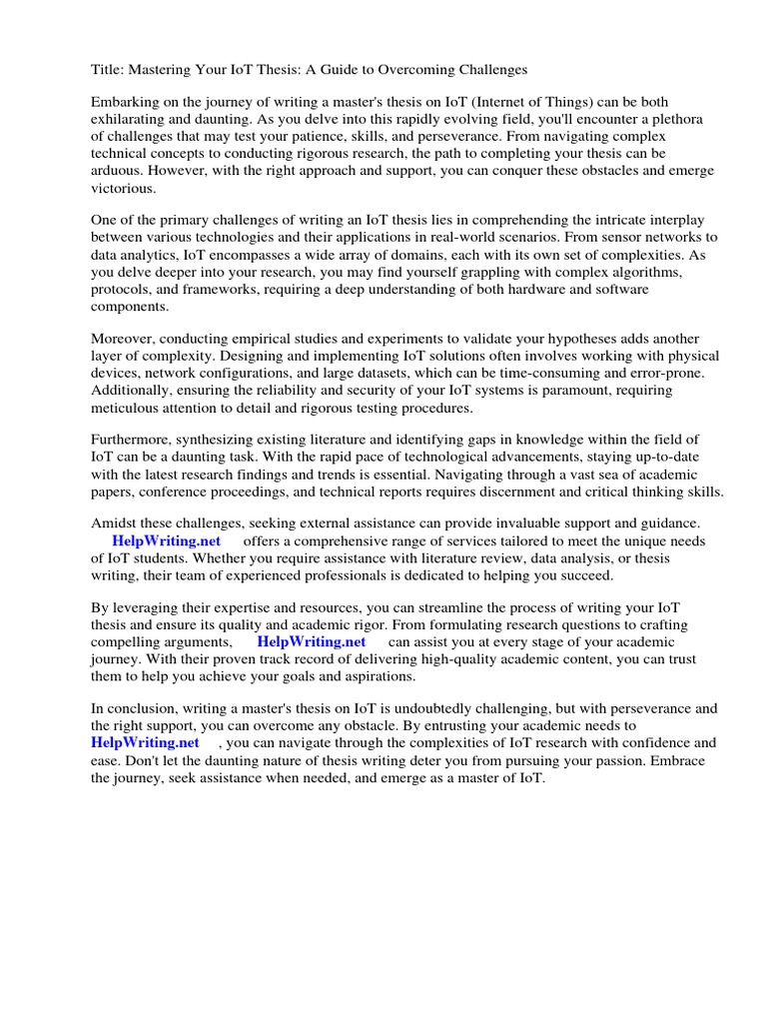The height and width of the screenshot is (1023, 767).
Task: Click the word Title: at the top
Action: [108, 70]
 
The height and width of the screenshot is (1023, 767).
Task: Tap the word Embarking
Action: [127, 103]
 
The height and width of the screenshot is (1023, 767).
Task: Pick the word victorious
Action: [124, 187]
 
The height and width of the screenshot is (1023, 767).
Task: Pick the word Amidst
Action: [115, 524]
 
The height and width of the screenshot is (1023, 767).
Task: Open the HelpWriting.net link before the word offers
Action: [166, 541]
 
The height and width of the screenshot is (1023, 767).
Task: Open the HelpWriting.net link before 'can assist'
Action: [311, 641]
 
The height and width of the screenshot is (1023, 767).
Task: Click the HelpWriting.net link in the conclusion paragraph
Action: [145, 743]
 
